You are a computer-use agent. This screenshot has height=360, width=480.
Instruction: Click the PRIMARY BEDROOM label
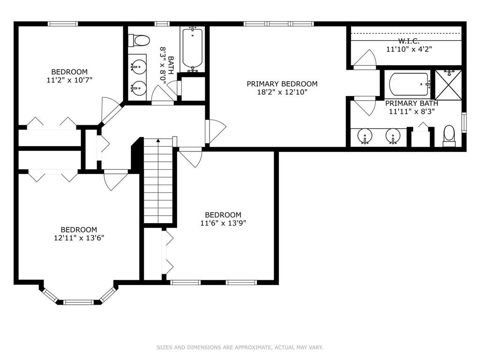(x=282, y=84)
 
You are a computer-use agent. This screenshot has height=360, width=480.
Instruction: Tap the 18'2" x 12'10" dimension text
(x=282, y=92)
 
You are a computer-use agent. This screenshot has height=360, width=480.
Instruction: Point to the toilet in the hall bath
(x=139, y=40)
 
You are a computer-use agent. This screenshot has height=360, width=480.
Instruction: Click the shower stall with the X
(x=448, y=85)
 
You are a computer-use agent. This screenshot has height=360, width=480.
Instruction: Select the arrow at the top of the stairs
(x=158, y=141)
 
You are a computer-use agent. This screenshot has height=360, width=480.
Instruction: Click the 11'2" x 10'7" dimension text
(x=69, y=80)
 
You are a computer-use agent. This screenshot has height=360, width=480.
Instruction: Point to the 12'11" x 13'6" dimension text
(x=79, y=238)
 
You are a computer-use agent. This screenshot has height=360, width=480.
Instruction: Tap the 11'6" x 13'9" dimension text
(x=223, y=223)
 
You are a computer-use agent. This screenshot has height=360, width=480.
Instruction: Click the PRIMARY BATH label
(x=412, y=104)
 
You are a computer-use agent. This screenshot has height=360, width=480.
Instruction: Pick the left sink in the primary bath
(x=365, y=135)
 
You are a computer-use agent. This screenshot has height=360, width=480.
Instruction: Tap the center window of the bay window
(x=78, y=302)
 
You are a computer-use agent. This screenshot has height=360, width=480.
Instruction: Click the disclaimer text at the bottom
(x=240, y=347)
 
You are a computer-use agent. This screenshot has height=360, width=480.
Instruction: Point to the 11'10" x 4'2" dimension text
(x=409, y=49)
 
